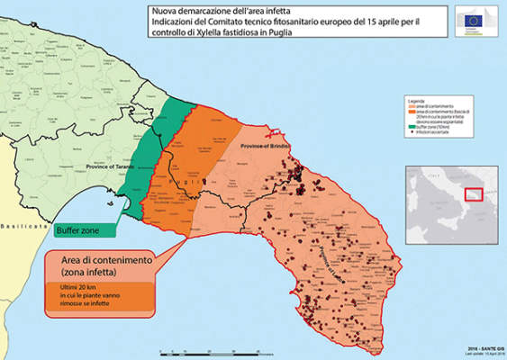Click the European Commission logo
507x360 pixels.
[474, 21]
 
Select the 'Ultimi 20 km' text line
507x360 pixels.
[80, 289]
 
